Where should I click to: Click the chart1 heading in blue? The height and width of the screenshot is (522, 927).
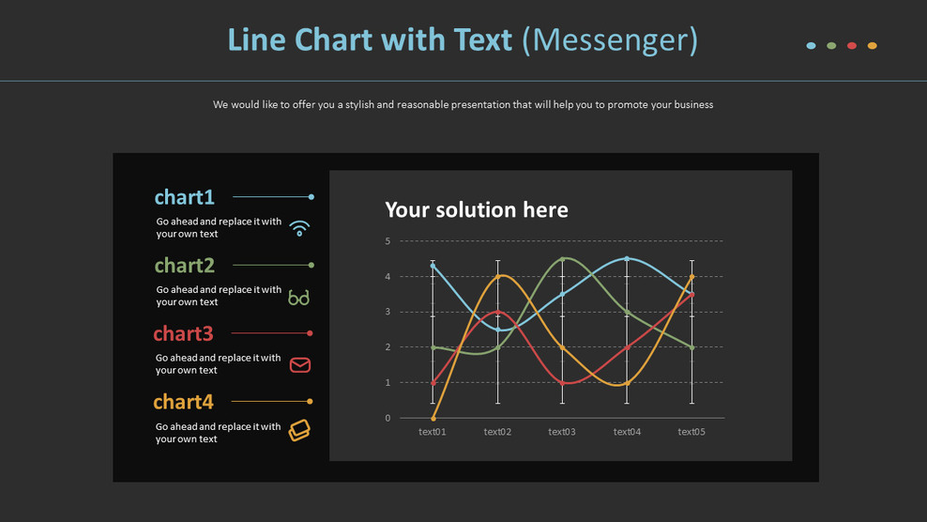pos(185,197)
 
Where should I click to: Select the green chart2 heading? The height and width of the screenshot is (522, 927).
pos(185,266)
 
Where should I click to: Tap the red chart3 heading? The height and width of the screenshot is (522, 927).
pos(183,333)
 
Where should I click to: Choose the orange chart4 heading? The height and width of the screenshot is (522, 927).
pos(184,402)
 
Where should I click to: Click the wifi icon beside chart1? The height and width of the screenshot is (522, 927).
pos(299,228)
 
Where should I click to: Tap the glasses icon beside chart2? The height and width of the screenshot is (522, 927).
pos(299,298)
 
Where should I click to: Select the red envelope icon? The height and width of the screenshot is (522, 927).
pos(300,365)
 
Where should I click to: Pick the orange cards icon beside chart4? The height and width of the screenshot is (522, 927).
pos(299,430)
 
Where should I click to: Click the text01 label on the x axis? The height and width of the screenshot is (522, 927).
pos(433,432)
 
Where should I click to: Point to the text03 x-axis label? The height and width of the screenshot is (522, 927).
pos(562,432)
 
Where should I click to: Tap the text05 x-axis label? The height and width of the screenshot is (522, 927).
pos(691,432)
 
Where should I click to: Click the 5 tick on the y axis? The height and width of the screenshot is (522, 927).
pos(388,241)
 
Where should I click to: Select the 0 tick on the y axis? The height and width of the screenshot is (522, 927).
pos(388,418)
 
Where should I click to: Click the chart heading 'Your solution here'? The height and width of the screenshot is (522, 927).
pos(477,209)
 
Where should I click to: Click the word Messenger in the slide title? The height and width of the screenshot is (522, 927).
pos(610,39)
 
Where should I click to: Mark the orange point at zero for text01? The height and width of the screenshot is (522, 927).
pos(433,418)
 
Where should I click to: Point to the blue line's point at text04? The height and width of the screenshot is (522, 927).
pos(627,259)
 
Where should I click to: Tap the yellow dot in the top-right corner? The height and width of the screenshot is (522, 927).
pos(873,46)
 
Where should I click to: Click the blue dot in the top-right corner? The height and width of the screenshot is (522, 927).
pos(812,46)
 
